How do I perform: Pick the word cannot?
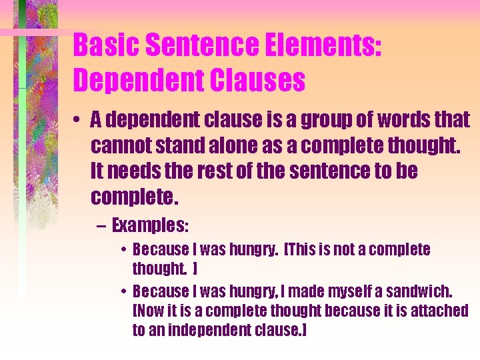coord(118,145)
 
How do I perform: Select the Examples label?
coord(150,225)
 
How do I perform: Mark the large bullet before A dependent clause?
coord(78,121)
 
